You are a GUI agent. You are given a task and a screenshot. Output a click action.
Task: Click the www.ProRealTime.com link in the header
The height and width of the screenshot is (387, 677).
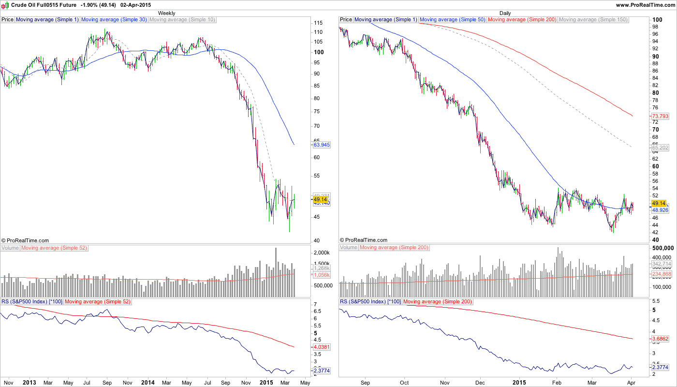(646, 5)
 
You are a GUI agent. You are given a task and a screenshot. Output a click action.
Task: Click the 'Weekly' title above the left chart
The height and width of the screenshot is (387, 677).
(167, 13)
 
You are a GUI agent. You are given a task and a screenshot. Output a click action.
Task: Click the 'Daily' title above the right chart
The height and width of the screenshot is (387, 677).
(505, 13)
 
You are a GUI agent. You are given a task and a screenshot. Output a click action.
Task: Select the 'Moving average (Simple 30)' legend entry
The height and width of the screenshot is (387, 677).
(114, 20)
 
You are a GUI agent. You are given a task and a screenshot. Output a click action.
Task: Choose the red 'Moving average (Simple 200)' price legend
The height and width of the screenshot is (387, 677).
(522, 20)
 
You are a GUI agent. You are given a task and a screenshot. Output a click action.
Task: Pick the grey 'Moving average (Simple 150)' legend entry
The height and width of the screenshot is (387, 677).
(593, 20)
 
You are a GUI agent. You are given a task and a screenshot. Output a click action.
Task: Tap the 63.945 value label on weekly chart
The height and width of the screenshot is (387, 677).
(322, 145)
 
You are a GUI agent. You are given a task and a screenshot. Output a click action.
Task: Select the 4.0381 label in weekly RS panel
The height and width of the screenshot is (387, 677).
(322, 347)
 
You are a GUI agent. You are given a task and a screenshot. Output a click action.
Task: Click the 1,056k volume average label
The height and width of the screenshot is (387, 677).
(322, 275)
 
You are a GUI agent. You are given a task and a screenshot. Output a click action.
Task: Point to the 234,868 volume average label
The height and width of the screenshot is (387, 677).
(662, 274)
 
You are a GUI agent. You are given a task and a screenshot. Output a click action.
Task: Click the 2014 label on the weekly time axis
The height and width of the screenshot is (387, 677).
(148, 382)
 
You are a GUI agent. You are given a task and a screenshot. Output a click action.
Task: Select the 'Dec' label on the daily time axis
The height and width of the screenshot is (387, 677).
(480, 382)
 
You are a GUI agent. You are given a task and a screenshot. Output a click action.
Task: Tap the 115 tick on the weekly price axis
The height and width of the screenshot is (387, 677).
(318, 23)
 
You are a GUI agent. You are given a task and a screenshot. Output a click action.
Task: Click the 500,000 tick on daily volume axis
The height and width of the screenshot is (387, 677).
(663, 248)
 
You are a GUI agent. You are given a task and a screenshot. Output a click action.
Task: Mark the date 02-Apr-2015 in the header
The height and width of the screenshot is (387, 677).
(135, 5)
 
